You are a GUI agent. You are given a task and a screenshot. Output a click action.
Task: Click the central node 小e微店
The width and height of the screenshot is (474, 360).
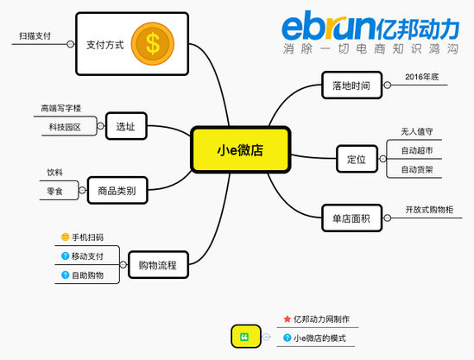[x=241, y=150]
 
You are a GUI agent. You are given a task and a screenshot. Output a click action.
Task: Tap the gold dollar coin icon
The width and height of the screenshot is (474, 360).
[x=153, y=43]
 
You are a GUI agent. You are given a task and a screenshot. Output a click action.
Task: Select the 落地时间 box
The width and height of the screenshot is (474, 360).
[x=352, y=85]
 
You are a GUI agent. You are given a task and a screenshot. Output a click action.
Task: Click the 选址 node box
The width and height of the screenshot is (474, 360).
[x=126, y=126]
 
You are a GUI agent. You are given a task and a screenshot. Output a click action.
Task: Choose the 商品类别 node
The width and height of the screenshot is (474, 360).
[x=117, y=191]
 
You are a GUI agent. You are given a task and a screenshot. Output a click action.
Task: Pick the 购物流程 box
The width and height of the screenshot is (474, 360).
[x=158, y=265]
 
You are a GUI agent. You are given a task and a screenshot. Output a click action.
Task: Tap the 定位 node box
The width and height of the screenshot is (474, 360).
[x=357, y=159]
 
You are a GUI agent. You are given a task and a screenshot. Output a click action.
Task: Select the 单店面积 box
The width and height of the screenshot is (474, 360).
[x=352, y=218]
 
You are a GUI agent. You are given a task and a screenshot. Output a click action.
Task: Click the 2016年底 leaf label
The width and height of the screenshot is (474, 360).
[x=421, y=77]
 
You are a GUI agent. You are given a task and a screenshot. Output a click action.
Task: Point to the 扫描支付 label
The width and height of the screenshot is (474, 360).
[x=35, y=36]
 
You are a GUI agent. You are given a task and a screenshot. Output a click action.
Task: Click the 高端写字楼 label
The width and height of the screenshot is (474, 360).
[x=61, y=108]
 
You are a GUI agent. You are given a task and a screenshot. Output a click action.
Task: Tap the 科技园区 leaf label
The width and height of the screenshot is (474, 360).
[x=65, y=127]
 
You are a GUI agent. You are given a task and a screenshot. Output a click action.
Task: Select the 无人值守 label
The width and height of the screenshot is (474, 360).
[x=417, y=131]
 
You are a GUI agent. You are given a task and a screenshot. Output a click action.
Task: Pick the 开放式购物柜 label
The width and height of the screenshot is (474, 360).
[x=429, y=210]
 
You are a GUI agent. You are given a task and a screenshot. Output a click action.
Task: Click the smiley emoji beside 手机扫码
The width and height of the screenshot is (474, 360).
[x=65, y=237]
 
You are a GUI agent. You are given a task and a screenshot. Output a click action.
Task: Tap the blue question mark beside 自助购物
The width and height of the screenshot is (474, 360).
[x=65, y=275]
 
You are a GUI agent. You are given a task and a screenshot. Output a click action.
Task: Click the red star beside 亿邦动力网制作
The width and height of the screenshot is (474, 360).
[x=288, y=319]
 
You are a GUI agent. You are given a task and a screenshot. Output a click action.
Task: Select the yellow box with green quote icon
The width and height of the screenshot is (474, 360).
[x=246, y=337]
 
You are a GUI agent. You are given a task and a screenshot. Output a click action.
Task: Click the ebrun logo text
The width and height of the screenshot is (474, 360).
[x=329, y=26]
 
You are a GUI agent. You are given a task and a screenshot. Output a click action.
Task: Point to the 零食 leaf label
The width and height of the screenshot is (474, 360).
[x=54, y=191]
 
